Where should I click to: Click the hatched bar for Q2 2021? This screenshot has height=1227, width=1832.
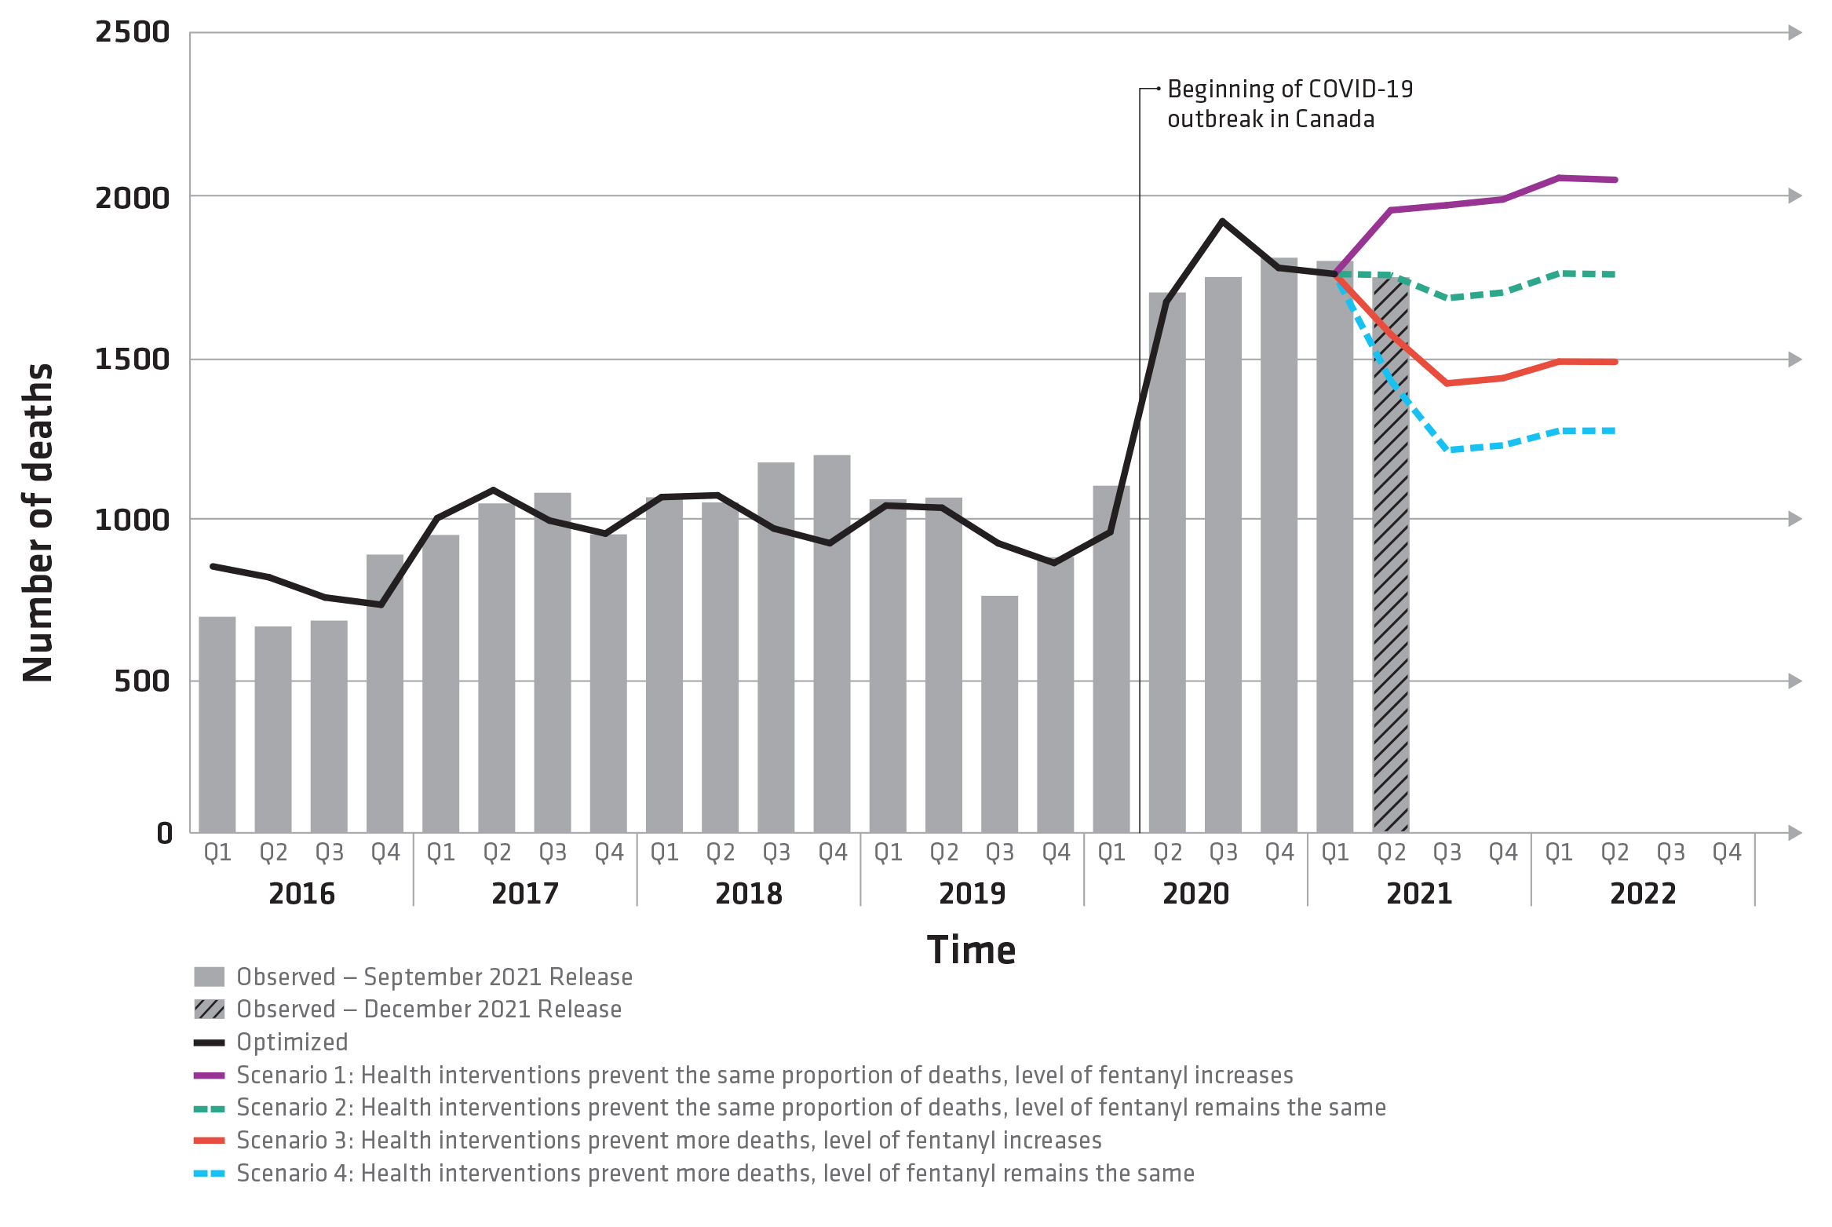coord(1390,628)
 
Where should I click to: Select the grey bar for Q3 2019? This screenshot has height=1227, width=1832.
coord(999,714)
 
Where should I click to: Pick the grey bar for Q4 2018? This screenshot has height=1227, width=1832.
coord(831,644)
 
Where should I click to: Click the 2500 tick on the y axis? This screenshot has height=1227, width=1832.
coord(132,33)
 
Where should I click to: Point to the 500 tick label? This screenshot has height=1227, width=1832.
coord(141,681)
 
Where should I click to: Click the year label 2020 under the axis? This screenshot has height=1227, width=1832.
coord(1195,893)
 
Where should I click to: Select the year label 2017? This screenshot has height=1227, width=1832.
coord(524,893)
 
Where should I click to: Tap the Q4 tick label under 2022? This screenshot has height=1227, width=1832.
coord(1726,853)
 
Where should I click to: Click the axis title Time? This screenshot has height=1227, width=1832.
coord(971,950)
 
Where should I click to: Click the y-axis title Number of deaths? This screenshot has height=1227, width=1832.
coord(38,522)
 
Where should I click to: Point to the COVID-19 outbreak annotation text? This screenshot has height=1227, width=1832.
coord(1289,104)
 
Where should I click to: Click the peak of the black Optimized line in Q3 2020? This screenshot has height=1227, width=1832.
coord(1222,221)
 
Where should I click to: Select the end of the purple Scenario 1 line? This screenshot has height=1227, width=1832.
coord(1615,180)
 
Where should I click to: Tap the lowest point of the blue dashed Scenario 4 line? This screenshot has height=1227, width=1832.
coord(1448,450)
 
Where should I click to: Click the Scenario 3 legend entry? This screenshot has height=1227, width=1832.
coord(669,1140)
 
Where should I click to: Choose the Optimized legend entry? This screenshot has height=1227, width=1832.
coord(292,1042)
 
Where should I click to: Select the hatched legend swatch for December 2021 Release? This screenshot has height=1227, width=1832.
coord(210,1009)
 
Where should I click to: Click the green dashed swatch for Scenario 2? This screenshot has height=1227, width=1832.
coord(210,1108)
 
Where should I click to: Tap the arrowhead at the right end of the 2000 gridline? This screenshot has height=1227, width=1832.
coord(1794,195)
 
